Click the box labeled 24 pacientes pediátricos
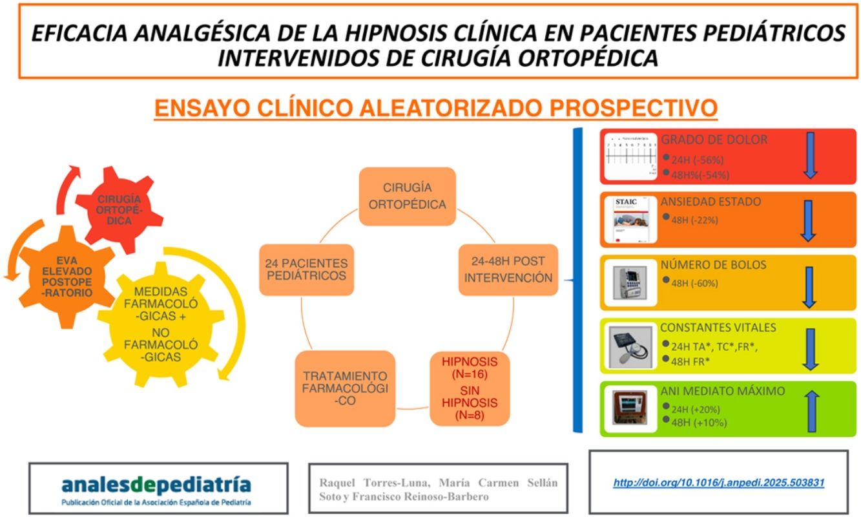point(306,271)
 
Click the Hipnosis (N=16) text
point(470,368)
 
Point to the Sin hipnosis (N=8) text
point(470,404)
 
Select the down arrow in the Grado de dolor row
point(811,156)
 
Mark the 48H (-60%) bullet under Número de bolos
point(690,282)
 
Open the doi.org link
point(718,482)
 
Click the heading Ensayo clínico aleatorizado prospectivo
point(436,108)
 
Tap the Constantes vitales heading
point(718,328)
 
